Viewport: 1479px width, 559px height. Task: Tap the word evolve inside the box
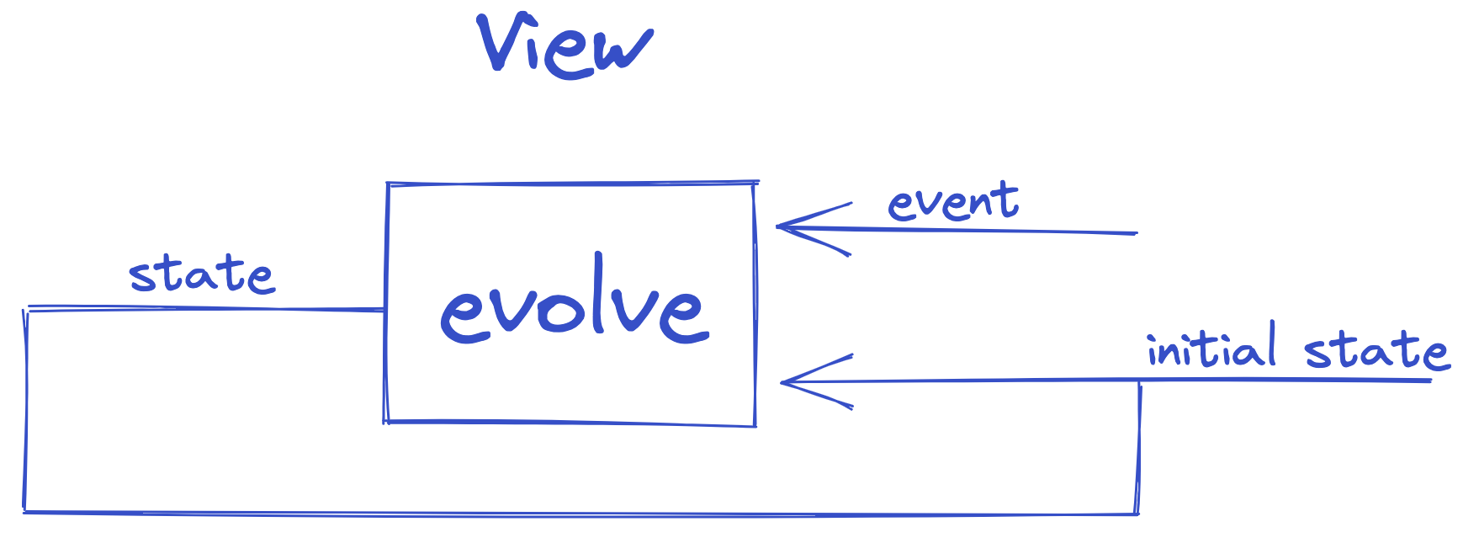click(x=575, y=308)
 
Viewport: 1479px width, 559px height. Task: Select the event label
click(x=953, y=203)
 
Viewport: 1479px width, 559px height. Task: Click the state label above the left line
click(x=201, y=275)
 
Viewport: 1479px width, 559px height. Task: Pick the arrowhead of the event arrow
click(x=780, y=226)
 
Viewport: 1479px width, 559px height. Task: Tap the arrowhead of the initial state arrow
click(x=784, y=383)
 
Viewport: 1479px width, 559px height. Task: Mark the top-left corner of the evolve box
click(x=387, y=184)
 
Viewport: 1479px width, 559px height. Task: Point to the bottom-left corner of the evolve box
click(x=386, y=420)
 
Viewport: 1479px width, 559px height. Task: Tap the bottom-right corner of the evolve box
click(x=755, y=425)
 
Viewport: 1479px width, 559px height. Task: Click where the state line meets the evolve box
click(x=385, y=311)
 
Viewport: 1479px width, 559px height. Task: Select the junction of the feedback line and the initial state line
click(x=1140, y=382)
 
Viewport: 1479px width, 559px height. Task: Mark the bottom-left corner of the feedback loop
click(x=25, y=511)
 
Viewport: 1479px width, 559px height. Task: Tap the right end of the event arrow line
click(x=1136, y=232)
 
